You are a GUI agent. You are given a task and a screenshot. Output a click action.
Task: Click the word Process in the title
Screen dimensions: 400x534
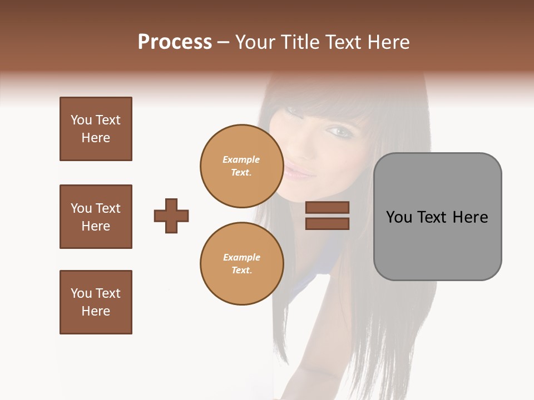pyautogui.click(x=175, y=42)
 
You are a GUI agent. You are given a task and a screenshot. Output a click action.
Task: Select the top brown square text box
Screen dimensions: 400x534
pyautogui.click(x=96, y=129)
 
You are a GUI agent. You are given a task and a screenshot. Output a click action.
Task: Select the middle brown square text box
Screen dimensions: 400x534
pyautogui.click(x=96, y=217)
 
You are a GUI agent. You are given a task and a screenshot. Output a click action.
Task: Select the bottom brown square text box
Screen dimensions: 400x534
pyautogui.click(x=96, y=302)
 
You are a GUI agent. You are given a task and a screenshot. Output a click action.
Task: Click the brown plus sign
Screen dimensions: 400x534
pyautogui.click(x=171, y=216)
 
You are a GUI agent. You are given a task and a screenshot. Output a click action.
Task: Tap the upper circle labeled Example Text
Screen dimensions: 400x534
pyautogui.click(x=241, y=166)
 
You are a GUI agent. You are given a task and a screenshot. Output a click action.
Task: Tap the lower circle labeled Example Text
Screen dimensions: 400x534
pyautogui.click(x=241, y=264)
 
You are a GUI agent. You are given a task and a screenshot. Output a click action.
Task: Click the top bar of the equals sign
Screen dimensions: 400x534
pyautogui.click(x=327, y=208)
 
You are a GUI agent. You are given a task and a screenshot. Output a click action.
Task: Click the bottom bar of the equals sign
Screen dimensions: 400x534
pyautogui.click(x=327, y=223)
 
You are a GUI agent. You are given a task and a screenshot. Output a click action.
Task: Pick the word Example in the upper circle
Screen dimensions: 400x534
pyautogui.click(x=241, y=160)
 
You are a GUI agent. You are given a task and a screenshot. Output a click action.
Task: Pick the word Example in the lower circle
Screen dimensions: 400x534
pyautogui.click(x=241, y=258)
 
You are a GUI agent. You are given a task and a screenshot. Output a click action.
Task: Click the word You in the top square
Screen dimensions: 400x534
pyautogui.click(x=81, y=120)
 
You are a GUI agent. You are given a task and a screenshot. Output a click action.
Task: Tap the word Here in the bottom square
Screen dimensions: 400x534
pyautogui.click(x=96, y=311)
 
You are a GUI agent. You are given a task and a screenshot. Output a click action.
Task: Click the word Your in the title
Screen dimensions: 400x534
pyautogui.click(x=255, y=42)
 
